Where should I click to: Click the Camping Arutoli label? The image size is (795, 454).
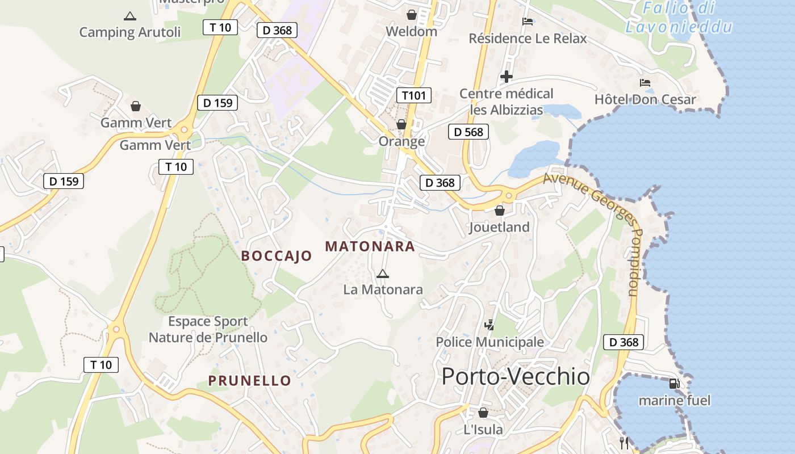coord(129,32)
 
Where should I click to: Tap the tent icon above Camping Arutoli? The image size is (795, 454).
coord(130,16)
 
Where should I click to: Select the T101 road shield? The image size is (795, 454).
coord(413,95)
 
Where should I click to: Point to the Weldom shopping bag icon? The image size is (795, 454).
coord(411,15)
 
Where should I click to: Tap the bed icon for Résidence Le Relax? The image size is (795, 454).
coord(528,22)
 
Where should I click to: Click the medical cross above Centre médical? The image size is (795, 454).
coord(506,77)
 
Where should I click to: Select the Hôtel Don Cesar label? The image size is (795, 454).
coord(645,100)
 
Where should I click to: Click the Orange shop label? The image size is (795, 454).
coord(401,141)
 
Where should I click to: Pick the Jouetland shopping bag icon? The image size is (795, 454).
coord(500,211)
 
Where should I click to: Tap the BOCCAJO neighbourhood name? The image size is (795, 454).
coord(277,256)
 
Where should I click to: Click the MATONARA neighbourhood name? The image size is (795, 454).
coord(370,247)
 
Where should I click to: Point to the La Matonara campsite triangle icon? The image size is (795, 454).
coord(383,274)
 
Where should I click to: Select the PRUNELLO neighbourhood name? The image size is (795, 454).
coord(249,381)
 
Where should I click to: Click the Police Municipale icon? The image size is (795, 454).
coord(489,325)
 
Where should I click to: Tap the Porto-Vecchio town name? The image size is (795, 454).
coord(516,376)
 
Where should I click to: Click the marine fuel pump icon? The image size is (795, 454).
coord(675,384)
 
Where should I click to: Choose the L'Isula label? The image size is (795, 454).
coord(483,430)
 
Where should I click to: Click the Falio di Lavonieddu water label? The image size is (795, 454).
coord(679,18)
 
